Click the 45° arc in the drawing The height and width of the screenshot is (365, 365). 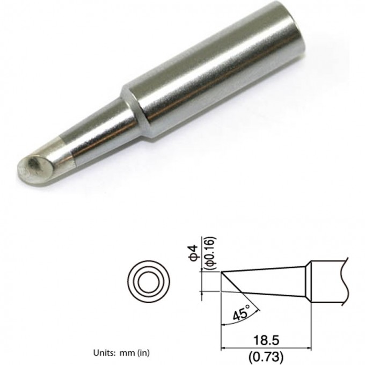click(x=256, y=307)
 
